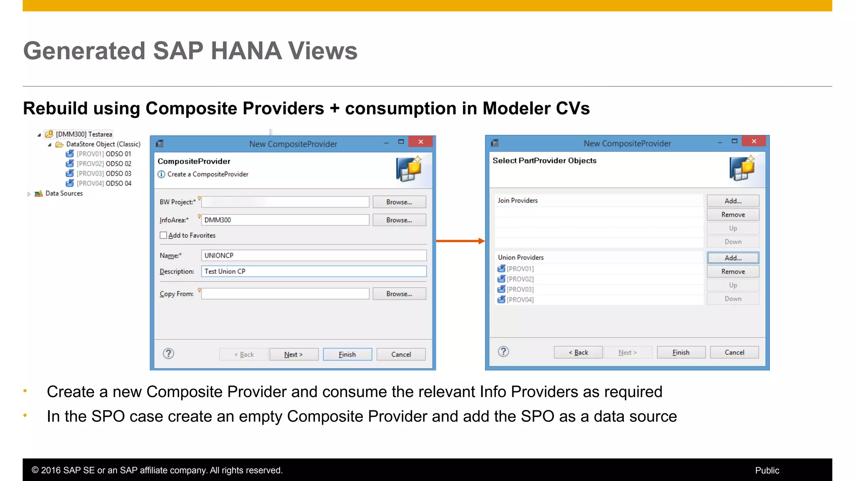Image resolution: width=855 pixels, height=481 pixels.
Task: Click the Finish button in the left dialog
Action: coord(347,354)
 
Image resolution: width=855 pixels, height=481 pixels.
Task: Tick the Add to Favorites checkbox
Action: coord(163,235)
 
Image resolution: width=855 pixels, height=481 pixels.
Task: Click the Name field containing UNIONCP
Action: coord(314,256)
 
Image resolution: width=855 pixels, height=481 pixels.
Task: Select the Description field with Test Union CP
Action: coord(314,271)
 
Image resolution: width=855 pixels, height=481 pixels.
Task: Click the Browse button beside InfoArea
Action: coord(399,220)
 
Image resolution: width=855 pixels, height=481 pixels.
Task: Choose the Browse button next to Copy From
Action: coord(399,294)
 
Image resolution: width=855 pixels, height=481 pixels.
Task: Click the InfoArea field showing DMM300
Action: coord(285,220)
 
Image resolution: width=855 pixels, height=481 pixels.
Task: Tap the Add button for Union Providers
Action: coord(733,258)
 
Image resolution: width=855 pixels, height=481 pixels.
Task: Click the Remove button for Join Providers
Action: coord(733,215)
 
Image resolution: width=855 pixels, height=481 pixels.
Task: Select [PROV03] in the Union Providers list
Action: coord(520,289)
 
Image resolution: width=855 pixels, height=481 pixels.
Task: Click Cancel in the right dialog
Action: coord(734,352)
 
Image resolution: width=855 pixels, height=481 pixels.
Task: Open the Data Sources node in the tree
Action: coord(29,194)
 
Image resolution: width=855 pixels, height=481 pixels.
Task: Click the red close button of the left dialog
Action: coord(420,142)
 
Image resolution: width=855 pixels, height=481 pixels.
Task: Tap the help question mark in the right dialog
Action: coord(503,352)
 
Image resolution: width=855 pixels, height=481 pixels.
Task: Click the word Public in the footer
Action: coord(767,470)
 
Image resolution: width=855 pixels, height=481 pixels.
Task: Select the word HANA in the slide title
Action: coord(246,51)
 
